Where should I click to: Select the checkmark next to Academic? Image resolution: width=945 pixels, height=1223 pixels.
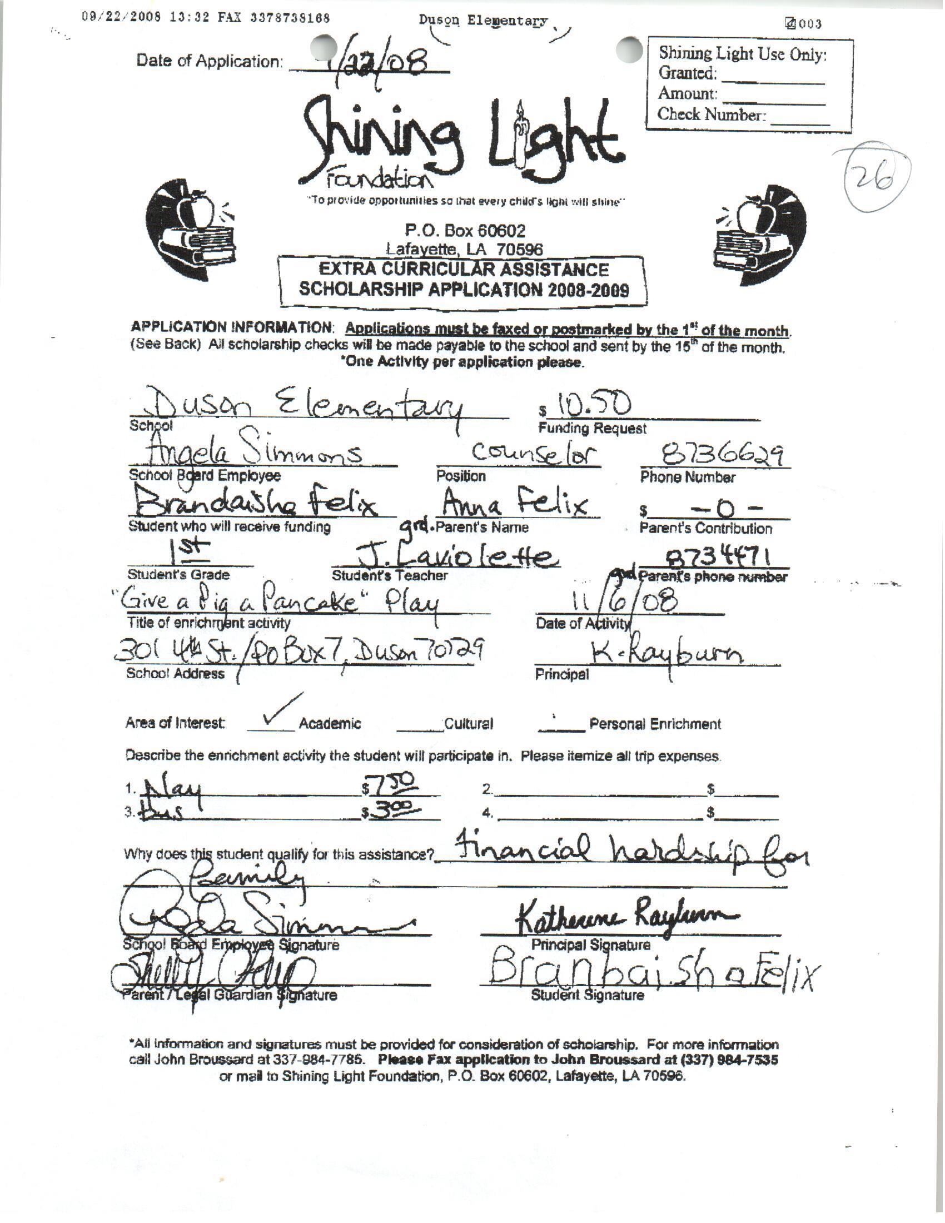click(x=280, y=710)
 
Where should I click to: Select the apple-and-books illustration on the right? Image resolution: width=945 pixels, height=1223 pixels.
click(x=759, y=230)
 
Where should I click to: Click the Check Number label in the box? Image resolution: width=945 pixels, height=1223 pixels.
click(x=710, y=115)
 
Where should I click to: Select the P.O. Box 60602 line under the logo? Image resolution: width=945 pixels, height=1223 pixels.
click(x=465, y=230)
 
